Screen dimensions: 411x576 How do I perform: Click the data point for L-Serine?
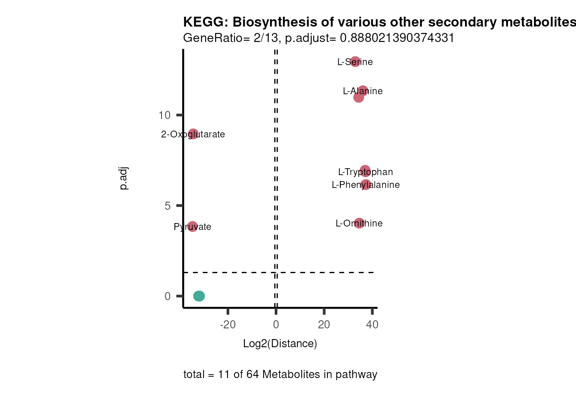click(355, 62)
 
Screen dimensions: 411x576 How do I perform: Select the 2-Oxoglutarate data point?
click(193, 134)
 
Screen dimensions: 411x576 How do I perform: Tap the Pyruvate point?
click(192, 226)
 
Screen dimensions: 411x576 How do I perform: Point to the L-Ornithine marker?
click(359, 223)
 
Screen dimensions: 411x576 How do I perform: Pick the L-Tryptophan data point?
click(365, 171)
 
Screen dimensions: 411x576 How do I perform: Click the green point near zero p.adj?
click(199, 296)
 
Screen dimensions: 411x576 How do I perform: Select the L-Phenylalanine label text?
click(366, 185)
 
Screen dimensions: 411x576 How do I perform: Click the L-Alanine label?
click(363, 91)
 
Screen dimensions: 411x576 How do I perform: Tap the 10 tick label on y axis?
click(165, 115)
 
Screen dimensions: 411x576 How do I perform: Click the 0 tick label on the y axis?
click(168, 296)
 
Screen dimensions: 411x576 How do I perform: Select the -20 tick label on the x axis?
click(228, 325)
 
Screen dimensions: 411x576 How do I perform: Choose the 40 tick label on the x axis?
click(372, 325)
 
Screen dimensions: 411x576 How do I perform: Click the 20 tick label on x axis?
click(324, 325)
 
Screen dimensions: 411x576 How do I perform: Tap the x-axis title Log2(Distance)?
click(280, 343)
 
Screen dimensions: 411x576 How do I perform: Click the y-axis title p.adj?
click(123, 179)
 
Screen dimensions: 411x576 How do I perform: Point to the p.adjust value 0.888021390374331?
click(397, 38)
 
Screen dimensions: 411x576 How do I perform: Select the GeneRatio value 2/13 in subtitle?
click(266, 38)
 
